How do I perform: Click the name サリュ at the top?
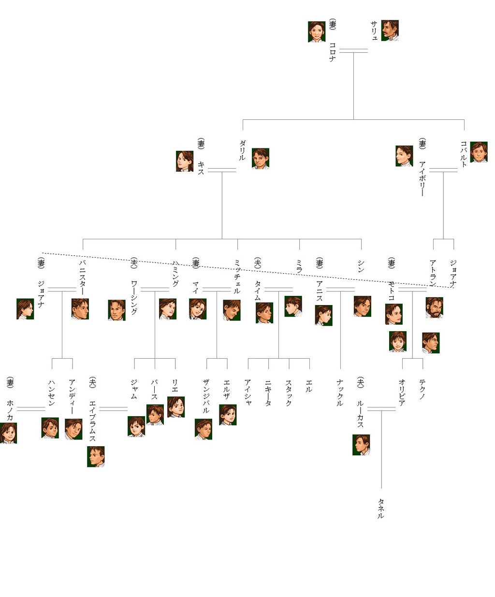374,30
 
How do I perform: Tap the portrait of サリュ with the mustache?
390,30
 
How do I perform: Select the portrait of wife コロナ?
317,32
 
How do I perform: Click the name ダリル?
243,150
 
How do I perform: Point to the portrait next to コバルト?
479,152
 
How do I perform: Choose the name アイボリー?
422,178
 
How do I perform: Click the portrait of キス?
185,161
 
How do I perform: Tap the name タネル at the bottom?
381,509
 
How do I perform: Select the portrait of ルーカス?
361,445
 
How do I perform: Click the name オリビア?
402,392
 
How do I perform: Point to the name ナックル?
340,392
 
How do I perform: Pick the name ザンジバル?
206,396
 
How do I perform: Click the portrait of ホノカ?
8,433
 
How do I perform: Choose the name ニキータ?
268,392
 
